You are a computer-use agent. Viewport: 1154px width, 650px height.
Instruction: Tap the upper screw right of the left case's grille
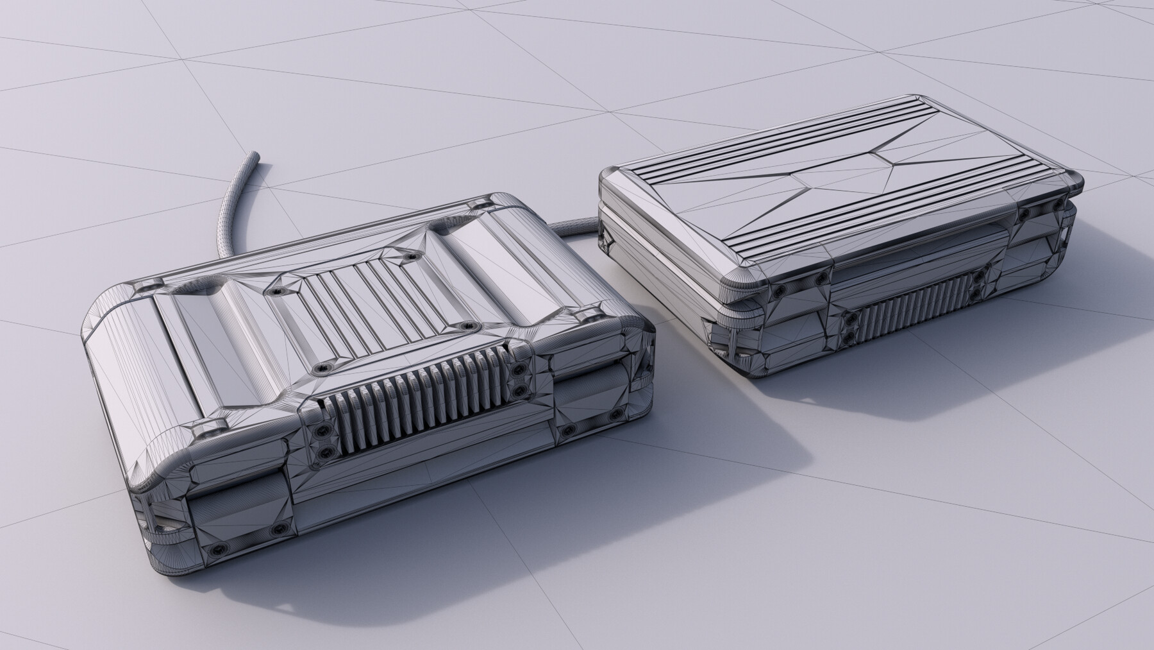pos(518,370)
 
